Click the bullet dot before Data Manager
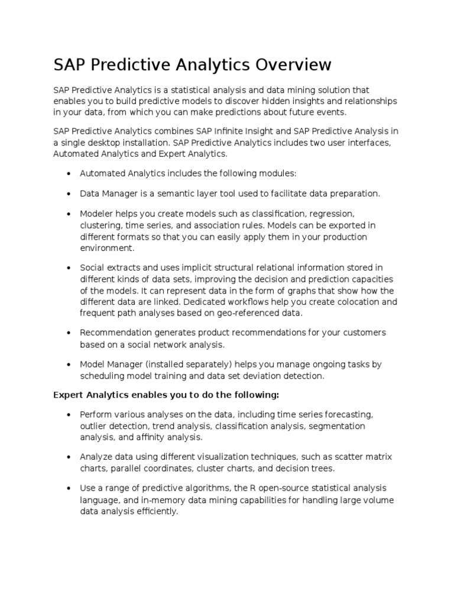[69, 194]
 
